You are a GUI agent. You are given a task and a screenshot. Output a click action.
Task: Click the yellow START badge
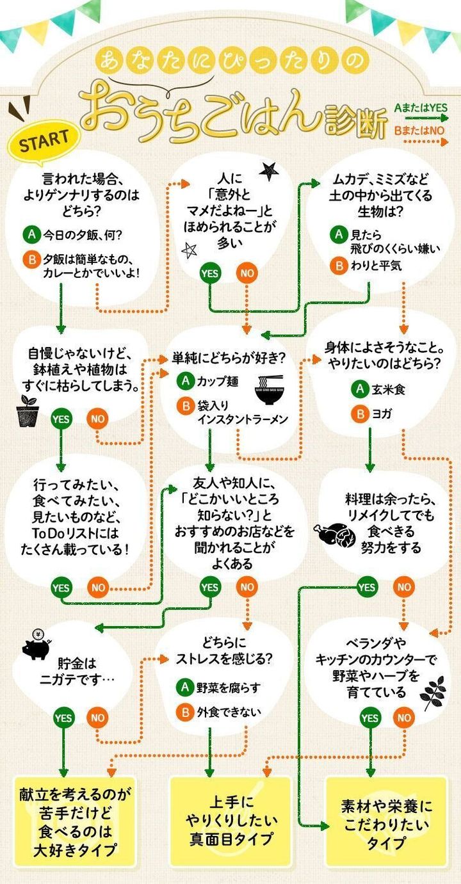tap(43, 141)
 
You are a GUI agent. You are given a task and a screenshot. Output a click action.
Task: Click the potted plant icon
tap(28, 411)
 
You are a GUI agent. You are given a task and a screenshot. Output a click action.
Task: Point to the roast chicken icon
tap(334, 533)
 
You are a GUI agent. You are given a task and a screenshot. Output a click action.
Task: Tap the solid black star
tap(268, 170)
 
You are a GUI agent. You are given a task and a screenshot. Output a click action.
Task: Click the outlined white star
tap(189, 250)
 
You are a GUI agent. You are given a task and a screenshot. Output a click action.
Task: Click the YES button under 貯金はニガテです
tap(63, 718)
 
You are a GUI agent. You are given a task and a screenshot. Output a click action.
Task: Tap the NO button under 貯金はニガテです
tap(97, 718)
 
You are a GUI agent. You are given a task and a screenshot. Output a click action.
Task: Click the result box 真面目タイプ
tap(230, 820)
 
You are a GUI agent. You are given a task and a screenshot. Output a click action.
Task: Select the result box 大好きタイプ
tap(75, 822)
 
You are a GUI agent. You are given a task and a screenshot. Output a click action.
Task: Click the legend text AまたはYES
tap(420, 108)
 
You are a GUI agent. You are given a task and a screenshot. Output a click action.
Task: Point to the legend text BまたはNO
tap(420, 130)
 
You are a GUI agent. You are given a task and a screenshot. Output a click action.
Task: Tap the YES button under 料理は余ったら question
tap(367, 586)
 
